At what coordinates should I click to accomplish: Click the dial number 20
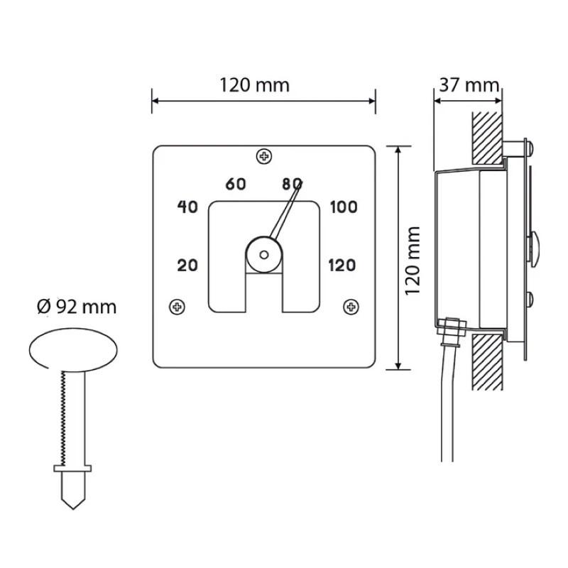(187, 266)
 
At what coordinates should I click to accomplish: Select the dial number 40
(187, 207)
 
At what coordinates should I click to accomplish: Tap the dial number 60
(236, 184)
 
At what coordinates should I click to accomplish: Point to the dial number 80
(292, 184)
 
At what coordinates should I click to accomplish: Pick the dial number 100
(344, 207)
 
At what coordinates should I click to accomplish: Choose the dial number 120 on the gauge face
(342, 266)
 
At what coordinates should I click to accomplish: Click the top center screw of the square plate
(264, 156)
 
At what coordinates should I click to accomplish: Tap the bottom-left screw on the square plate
(177, 307)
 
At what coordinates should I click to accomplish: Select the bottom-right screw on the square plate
(351, 307)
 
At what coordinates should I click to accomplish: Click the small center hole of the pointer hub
(264, 255)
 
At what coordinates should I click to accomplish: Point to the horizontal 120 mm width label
(255, 85)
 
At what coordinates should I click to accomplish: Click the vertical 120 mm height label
(413, 261)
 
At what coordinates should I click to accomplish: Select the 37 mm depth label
(469, 85)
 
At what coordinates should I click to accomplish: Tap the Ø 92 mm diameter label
(77, 307)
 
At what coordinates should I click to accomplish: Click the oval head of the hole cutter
(73, 350)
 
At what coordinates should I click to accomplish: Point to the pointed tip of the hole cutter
(73, 509)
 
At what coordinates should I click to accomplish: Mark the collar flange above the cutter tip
(72, 469)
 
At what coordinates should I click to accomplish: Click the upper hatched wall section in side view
(487, 138)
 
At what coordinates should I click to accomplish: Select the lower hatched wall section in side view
(487, 362)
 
